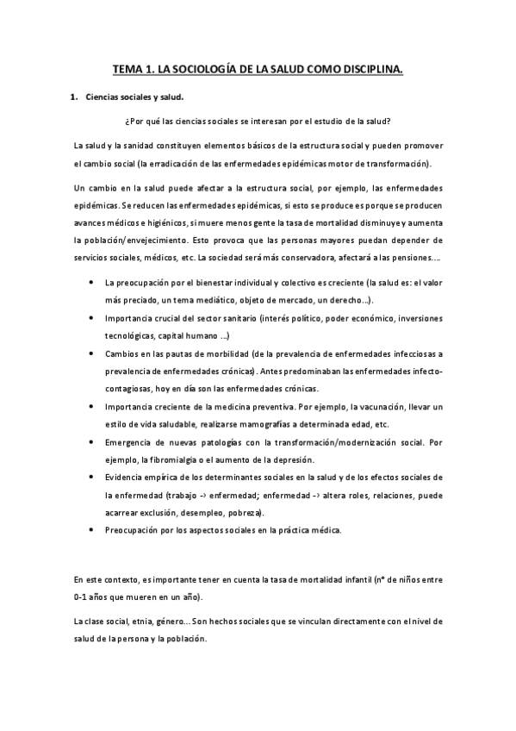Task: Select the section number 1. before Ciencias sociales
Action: (x=73, y=98)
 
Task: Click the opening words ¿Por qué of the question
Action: (x=142, y=121)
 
